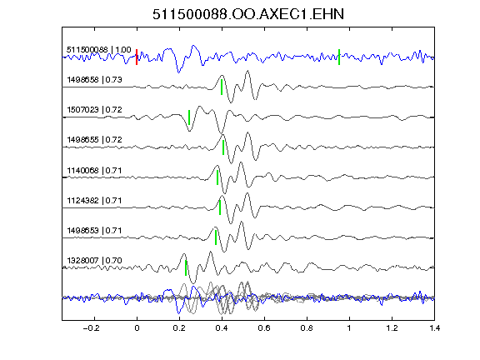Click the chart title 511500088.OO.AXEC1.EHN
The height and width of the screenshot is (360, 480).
[x=248, y=14]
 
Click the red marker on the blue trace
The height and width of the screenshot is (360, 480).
[x=137, y=57]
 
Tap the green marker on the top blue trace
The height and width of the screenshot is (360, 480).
[x=339, y=57]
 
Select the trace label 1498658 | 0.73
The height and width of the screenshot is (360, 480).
[x=95, y=80]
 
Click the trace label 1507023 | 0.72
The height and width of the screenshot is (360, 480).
[x=95, y=110]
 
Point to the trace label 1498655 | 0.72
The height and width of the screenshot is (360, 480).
[x=95, y=140]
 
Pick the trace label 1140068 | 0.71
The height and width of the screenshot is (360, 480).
[x=95, y=171]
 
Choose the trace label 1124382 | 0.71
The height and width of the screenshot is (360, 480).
[x=95, y=201]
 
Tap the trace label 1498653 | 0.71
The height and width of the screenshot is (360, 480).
[x=95, y=231]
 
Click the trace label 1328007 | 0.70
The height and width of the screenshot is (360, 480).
[x=95, y=261]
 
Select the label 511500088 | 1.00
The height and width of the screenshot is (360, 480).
[x=99, y=50]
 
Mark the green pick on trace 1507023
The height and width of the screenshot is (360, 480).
[x=189, y=117]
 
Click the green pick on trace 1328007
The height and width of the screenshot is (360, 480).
[x=186, y=267]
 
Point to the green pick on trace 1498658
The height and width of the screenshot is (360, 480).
[x=222, y=87]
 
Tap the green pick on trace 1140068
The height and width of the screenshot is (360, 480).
[x=217, y=177]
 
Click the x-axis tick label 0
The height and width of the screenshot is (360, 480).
[x=137, y=328]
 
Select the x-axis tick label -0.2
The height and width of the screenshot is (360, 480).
[x=92, y=328]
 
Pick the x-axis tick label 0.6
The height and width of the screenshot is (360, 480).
[x=264, y=328]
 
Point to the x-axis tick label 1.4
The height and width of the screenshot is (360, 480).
[x=434, y=328]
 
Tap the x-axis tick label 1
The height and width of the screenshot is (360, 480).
[x=349, y=328]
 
